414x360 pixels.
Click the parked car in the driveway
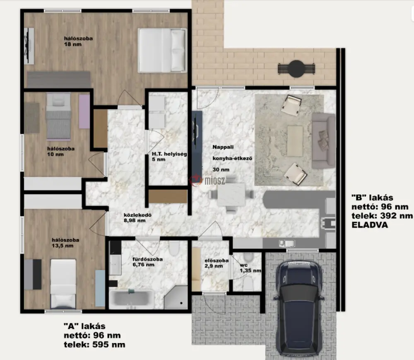coord(299,308)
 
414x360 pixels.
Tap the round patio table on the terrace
coord(296,69)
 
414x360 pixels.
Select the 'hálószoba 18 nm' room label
coord(78,41)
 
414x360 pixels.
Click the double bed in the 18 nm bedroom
coord(162,50)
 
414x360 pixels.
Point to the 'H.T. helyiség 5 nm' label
coord(169,157)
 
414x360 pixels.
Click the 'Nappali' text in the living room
coord(223,147)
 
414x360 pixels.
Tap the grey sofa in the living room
coord(323,141)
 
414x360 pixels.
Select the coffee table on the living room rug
coord(295,141)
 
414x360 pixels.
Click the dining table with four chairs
coord(231,195)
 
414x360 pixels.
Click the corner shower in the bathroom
coord(176,297)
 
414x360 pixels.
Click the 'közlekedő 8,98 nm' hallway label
coord(137,217)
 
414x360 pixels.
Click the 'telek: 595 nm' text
coord(94,345)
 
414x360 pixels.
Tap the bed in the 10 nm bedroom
coord(59,116)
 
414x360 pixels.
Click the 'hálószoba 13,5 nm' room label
coord(65,243)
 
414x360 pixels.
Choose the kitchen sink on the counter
coord(287,243)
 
